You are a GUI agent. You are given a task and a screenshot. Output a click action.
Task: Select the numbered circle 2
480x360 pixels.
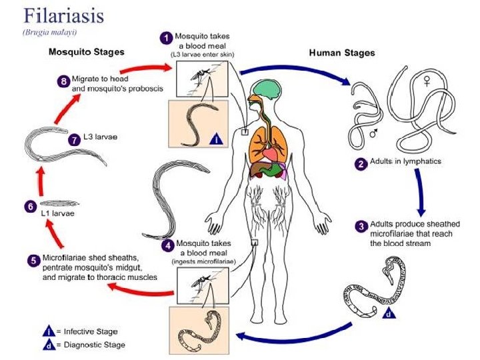tap(360, 162)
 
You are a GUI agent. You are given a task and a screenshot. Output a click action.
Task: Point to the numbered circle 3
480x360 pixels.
tap(360, 227)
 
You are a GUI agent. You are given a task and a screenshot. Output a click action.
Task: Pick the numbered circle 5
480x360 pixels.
tap(33, 260)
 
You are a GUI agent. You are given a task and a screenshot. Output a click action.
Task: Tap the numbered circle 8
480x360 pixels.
tap(63, 81)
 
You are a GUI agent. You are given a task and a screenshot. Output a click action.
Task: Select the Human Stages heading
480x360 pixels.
tap(342, 53)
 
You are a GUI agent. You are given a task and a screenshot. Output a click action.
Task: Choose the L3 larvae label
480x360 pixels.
tap(101, 138)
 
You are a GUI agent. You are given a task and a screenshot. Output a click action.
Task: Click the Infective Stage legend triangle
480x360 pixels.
tap(49, 331)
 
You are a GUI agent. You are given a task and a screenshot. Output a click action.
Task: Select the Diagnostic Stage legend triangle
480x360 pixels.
tap(49, 345)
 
